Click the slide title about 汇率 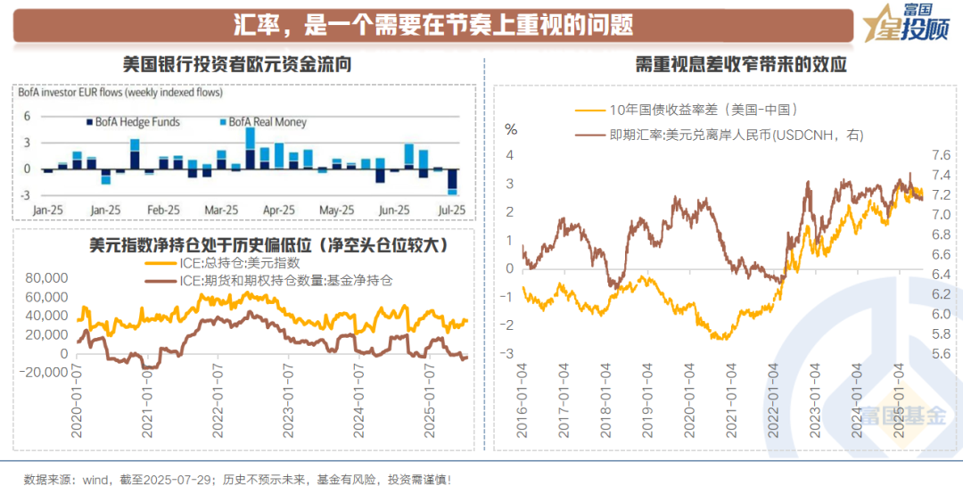point(432,25)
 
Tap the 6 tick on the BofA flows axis point(28,116)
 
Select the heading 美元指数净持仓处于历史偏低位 point(268,243)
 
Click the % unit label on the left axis point(512,128)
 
